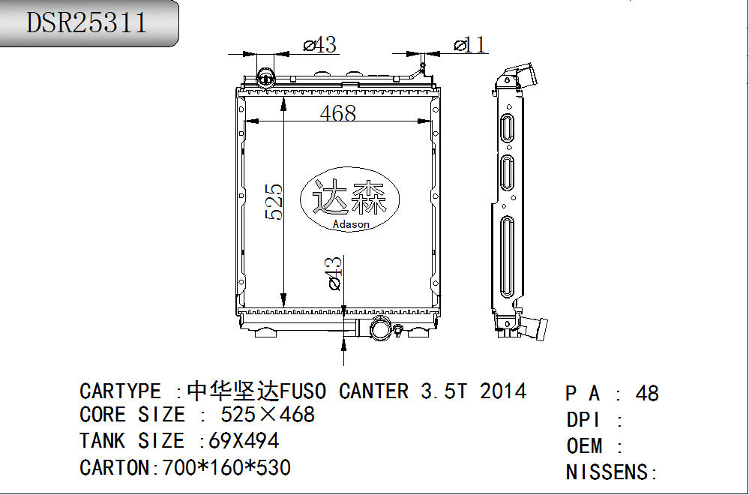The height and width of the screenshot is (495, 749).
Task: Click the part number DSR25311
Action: click(x=86, y=22)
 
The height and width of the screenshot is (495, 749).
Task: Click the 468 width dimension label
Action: click(x=337, y=112)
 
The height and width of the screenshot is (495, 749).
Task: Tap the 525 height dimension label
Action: click(x=274, y=202)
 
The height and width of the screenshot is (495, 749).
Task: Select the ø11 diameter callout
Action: click(x=469, y=45)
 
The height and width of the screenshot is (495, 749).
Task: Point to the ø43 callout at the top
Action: click(x=319, y=45)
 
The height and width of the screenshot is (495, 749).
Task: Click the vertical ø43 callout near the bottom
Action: click(x=334, y=273)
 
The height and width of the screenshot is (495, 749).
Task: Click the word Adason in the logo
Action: click(x=351, y=224)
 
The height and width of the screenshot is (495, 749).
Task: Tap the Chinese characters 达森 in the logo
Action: click(x=349, y=196)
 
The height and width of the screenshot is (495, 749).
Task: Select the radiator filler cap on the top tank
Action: click(x=265, y=77)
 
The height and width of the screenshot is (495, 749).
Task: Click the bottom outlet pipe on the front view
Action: click(x=381, y=329)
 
